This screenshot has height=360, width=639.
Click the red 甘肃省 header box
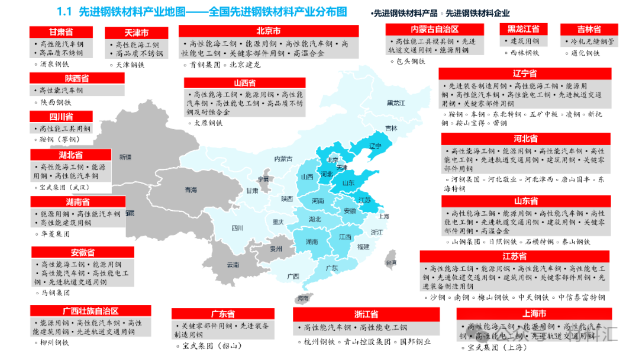pos(61,32)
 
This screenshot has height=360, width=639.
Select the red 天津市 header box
pos(136,33)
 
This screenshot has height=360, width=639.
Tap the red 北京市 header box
pos(269,31)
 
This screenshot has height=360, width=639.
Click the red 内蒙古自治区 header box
pos(435,29)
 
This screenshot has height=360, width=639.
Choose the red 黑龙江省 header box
pos(523,28)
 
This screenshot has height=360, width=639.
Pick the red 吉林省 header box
pos(589,29)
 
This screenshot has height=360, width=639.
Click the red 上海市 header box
pos(534,313)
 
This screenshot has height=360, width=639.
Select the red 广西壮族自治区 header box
pos(91,311)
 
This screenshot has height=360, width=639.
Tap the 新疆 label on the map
pos(125,157)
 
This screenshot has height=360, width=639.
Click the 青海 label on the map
pos(190,190)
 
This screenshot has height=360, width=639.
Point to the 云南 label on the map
pos(233,264)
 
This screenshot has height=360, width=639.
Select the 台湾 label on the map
pos(391,262)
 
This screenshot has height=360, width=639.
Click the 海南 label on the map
pos(304,298)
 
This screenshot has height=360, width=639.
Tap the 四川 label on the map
pos(238,227)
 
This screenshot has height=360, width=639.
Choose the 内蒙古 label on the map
pos(283,159)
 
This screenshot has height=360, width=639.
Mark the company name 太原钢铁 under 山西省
pos(208,123)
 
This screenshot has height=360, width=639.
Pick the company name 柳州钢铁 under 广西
pos(54,342)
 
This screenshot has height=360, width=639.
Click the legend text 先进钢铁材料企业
pos(477,13)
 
